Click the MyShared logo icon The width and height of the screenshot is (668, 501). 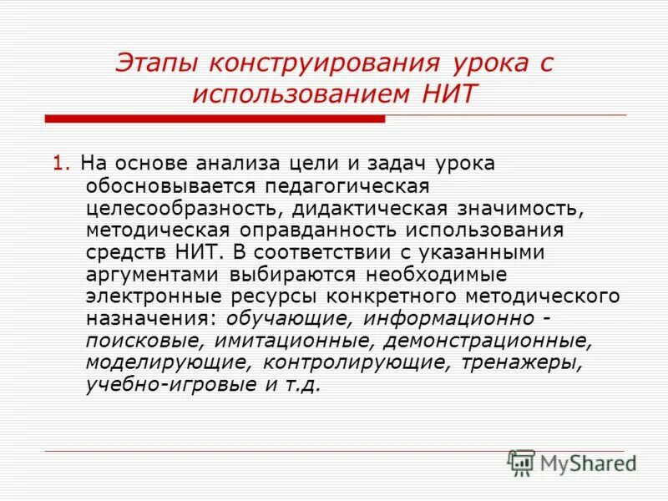pyautogui.click(x=522, y=463)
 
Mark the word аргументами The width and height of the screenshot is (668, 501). pyautogui.click(x=149, y=273)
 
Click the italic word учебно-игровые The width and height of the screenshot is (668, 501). pyautogui.click(x=173, y=384)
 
